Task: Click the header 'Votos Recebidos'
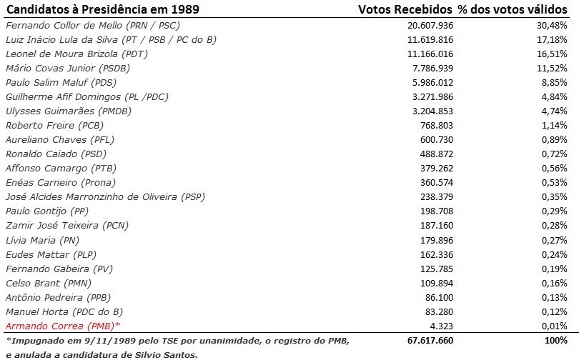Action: [405, 9]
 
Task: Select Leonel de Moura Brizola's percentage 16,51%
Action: [553, 54]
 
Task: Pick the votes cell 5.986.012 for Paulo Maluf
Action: [425, 82]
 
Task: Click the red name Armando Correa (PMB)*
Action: [58, 326]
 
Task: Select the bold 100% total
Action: [555, 341]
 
